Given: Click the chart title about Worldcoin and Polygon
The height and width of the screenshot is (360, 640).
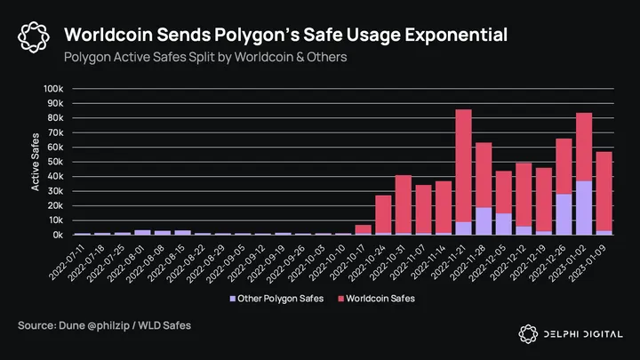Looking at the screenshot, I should (285, 35).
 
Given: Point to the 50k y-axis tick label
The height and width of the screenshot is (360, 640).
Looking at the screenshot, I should (54, 162).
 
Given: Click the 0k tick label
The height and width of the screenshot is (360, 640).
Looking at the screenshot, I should (57, 236).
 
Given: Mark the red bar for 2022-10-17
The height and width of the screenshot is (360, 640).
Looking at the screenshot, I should (363, 229).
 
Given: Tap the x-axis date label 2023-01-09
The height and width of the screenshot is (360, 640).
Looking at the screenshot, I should (596, 263).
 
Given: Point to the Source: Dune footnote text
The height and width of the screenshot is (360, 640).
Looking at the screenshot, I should (104, 327).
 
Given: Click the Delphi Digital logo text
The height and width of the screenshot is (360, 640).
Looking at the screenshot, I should (582, 332).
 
